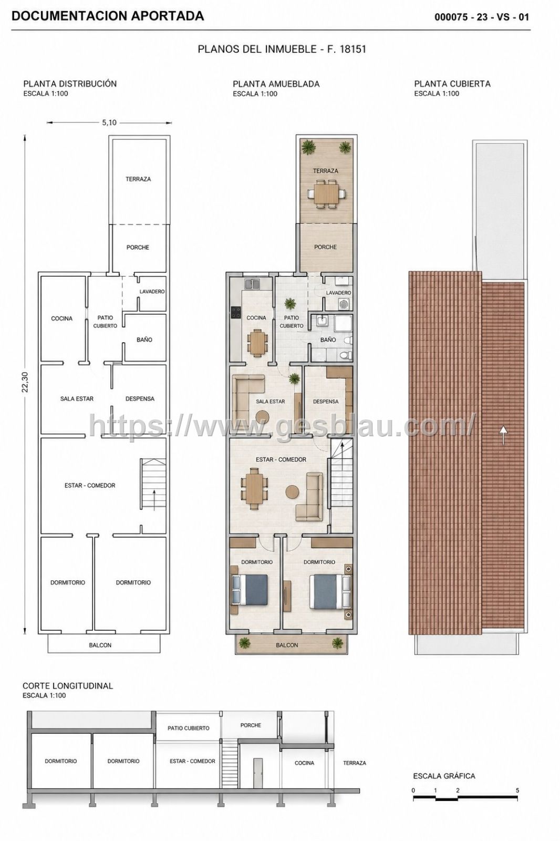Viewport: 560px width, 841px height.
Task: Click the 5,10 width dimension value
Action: pyautogui.click(x=109, y=122)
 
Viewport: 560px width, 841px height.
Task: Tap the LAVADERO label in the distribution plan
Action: pyautogui.click(x=152, y=291)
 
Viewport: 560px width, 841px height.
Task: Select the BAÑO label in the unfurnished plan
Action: pyautogui.click(x=144, y=340)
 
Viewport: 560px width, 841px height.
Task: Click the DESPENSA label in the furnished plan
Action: pyautogui.click(x=325, y=402)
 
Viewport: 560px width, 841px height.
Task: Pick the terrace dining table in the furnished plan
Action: pyautogui.click(x=325, y=193)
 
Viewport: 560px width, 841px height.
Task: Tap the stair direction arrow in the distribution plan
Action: pyautogui.click(x=154, y=500)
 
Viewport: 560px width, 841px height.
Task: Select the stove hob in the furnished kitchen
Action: pyautogui.click(x=236, y=312)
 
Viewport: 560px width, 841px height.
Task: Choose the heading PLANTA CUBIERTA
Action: pyautogui.click(x=452, y=84)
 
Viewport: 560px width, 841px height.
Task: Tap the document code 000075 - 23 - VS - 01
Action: pyautogui.click(x=482, y=17)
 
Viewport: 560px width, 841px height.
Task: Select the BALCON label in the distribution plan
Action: pyautogui.click(x=100, y=645)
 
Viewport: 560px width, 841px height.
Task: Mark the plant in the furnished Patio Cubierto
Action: pyautogui.click(x=290, y=302)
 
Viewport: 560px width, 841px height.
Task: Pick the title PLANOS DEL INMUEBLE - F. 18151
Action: pyautogui.click(x=282, y=49)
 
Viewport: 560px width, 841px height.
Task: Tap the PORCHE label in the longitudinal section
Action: pyautogui.click(x=251, y=725)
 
